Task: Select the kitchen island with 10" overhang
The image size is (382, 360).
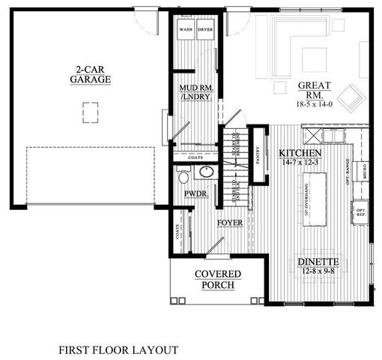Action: (x=316, y=199)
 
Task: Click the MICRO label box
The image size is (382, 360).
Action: (x=364, y=173)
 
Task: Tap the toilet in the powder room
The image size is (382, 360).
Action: (x=182, y=175)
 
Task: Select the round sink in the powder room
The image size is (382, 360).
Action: (x=207, y=174)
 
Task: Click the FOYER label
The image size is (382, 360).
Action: (x=229, y=223)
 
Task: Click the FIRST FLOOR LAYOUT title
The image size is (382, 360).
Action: (x=118, y=349)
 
